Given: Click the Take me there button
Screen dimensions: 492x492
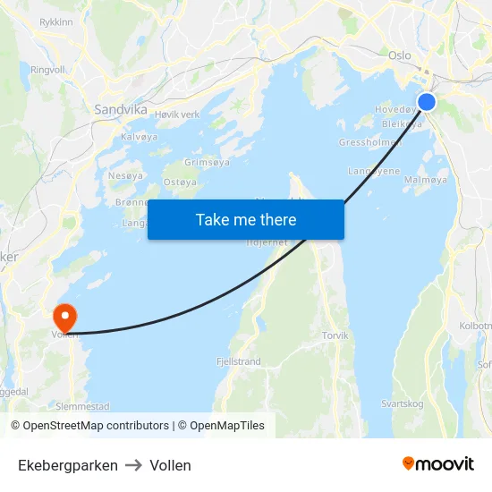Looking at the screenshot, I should click(x=246, y=219).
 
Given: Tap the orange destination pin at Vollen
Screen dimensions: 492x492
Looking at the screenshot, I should click(x=65, y=318).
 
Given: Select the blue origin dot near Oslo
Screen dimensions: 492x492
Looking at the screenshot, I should click(x=427, y=102).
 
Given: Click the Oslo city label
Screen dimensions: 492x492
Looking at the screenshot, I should click(x=400, y=55).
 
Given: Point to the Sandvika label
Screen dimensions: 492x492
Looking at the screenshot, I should click(x=121, y=109).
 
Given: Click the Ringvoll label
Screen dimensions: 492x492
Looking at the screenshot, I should click(x=48, y=69).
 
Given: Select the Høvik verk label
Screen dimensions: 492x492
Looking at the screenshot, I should click(x=177, y=115).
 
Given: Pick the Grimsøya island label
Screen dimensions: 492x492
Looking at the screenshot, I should click(x=207, y=162).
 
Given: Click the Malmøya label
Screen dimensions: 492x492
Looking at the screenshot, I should click(x=425, y=180).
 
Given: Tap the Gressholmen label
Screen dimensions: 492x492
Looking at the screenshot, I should click(x=368, y=142).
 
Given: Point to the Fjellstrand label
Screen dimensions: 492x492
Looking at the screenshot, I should click(x=238, y=362).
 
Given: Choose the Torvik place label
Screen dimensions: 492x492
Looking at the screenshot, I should click(x=335, y=335).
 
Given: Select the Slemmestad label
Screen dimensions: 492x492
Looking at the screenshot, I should click(x=82, y=406).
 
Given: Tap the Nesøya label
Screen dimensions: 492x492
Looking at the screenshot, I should click(x=125, y=175).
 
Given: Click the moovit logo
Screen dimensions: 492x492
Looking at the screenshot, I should click(x=438, y=464).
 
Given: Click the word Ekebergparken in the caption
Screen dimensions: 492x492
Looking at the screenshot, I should click(x=68, y=465).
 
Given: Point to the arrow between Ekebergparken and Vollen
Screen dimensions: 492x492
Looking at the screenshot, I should click(x=133, y=465).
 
